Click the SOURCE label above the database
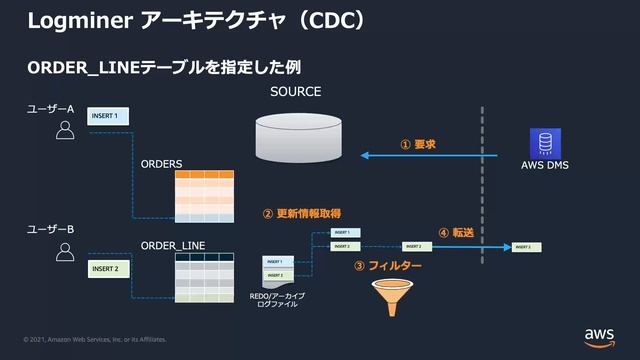click(x=295, y=91)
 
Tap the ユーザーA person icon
click(x=65, y=130)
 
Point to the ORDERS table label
click(x=161, y=162)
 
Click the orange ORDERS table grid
click(x=204, y=195)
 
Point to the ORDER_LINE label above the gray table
click(x=172, y=245)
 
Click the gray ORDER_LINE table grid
click(x=204, y=276)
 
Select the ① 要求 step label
click(x=418, y=144)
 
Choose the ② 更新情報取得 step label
click(x=301, y=213)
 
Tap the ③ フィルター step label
click(x=388, y=266)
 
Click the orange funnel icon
click(x=388, y=298)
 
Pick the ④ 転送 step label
click(x=456, y=232)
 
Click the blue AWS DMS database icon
click(x=545, y=142)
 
